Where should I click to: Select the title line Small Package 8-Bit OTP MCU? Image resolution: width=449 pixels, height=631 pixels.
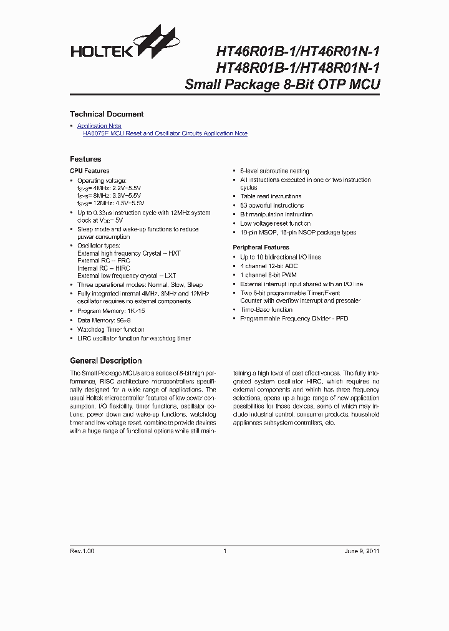282,85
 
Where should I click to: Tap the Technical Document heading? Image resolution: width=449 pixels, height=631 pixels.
107,114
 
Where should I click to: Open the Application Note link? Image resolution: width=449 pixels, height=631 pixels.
99,126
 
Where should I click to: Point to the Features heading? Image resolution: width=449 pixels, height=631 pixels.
85,159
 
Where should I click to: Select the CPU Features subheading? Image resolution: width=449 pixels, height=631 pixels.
89,171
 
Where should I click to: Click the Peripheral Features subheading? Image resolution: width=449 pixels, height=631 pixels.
260,248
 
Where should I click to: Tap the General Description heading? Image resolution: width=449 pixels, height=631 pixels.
105,360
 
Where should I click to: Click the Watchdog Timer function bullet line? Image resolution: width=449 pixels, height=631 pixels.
110,329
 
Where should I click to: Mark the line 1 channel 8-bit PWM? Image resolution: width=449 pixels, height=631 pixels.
268,275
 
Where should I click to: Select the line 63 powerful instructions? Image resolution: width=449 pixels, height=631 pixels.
272,205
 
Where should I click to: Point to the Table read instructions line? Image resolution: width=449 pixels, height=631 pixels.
271,196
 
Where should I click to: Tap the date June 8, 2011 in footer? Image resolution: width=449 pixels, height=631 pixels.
362,551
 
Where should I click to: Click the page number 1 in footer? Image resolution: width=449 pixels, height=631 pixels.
224,551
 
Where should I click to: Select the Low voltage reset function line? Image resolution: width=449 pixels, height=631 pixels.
275,223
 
